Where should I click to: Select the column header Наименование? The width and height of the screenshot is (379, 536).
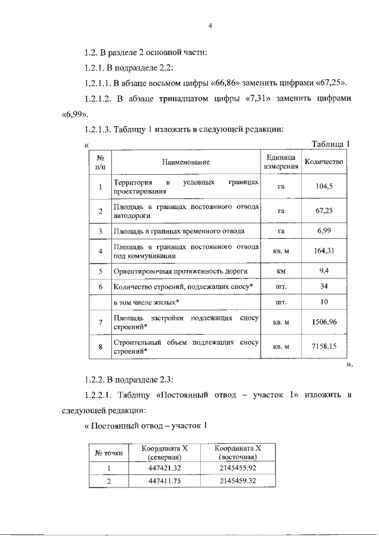pos(187,162)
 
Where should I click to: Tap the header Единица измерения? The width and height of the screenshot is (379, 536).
pos(281,162)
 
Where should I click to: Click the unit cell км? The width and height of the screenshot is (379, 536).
pos(281,271)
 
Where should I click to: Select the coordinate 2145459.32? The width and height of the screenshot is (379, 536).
pos(237,481)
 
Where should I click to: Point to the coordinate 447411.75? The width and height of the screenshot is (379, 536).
pos(164,481)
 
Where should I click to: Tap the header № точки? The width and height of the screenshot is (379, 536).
pos(109,453)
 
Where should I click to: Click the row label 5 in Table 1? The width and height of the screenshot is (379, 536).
pos(101,271)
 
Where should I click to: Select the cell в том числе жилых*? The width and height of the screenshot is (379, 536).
pos(146,302)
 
